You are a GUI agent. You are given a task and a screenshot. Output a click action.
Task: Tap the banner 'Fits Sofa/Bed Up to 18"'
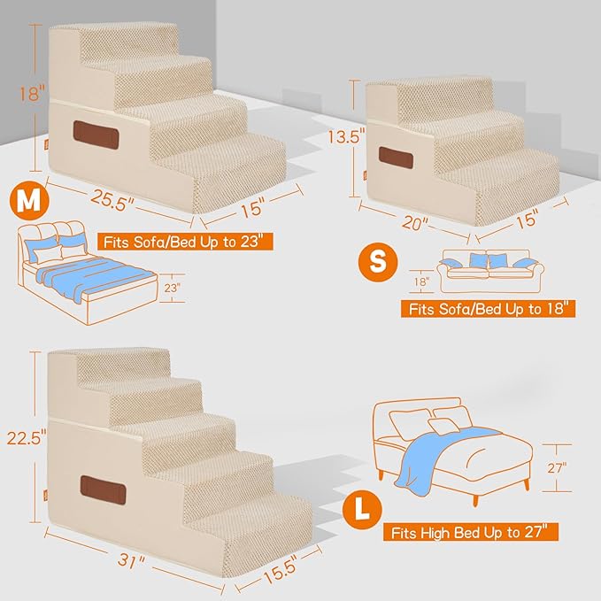pos(489,310)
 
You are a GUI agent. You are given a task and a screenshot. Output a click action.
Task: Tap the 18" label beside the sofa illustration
pos(420,282)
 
